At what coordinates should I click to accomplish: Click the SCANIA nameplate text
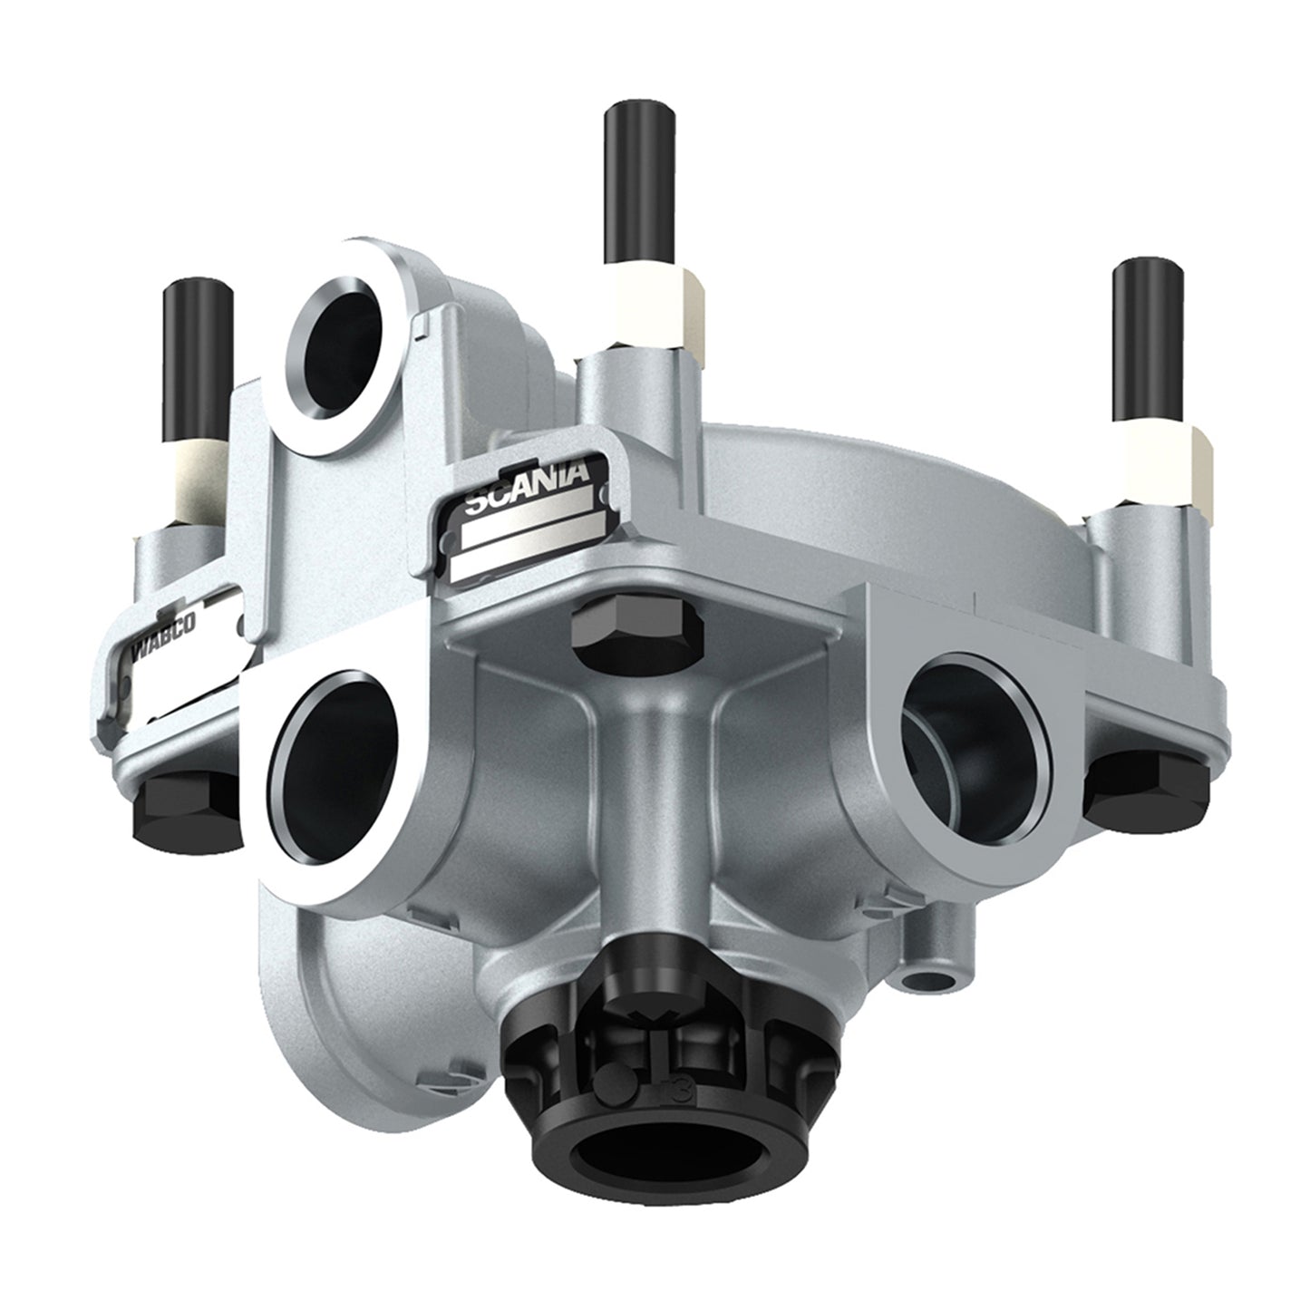coord(528,487)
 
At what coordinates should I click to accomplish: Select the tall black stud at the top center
coord(640,182)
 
